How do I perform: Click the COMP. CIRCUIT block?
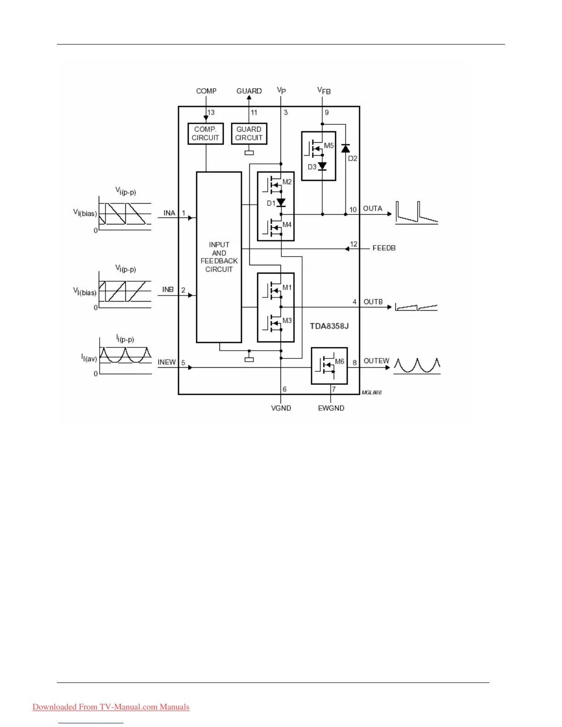coord(205,134)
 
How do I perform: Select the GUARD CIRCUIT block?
coord(249,134)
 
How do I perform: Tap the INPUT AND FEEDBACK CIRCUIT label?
coord(219,257)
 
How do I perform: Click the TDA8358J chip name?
coord(329,326)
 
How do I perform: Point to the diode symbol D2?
coord(346,148)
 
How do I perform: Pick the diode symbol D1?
coord(281,202)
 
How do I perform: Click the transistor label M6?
coord(339,362)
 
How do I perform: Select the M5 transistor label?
coord(329,146)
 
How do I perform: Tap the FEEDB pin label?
coord(384,248)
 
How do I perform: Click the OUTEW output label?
coord(376,361)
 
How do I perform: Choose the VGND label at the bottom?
coord(281,408)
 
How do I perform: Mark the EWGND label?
coord(331,408)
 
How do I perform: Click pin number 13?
coord(211,112)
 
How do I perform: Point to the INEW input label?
coord(167,362)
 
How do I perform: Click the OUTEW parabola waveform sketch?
coord(417,365)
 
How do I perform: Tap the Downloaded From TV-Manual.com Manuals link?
coord(111,707)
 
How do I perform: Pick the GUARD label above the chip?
coord(249,91)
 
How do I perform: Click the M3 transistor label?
coord(287,321)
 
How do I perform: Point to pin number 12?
coord(354,244)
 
